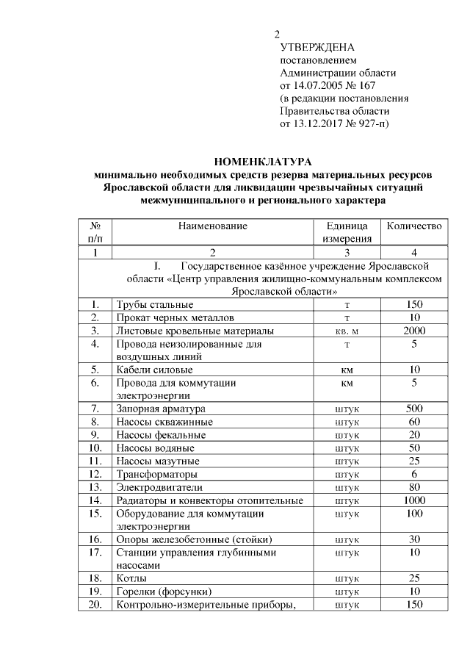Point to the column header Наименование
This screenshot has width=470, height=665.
point(213,226)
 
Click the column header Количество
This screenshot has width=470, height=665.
point(414,226)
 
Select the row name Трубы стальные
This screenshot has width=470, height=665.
point(153,304)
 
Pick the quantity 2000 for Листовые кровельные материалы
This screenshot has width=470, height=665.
point(414,331)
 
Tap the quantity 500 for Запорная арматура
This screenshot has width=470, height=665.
point(414,409)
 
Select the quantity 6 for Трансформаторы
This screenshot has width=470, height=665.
point(414,474)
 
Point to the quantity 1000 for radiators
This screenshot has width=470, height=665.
point(414,500)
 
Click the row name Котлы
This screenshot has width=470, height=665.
point(129,578)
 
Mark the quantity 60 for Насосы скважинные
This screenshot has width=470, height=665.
point(414,422)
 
